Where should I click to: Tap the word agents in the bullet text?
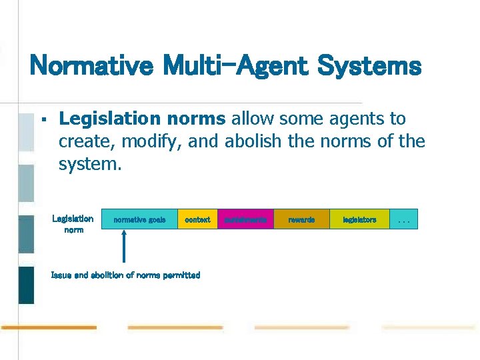pos(353,119)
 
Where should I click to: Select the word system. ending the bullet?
pos(90,163)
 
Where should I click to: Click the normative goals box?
pos(139,219)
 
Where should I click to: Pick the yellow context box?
pos(197,219)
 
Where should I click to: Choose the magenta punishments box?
pos(245,219)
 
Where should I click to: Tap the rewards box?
pos(301,219)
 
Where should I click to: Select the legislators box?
pos(359,219)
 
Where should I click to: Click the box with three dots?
pos(403,219)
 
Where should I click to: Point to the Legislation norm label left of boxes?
pos(73,224)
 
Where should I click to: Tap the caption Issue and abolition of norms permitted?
pos(125,275)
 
